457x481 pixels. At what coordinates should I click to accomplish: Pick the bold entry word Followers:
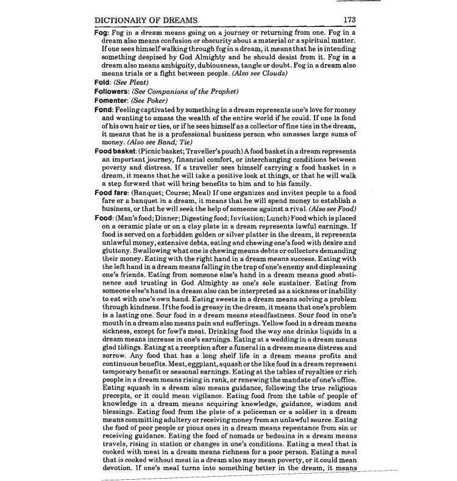[x=113, y=91]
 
